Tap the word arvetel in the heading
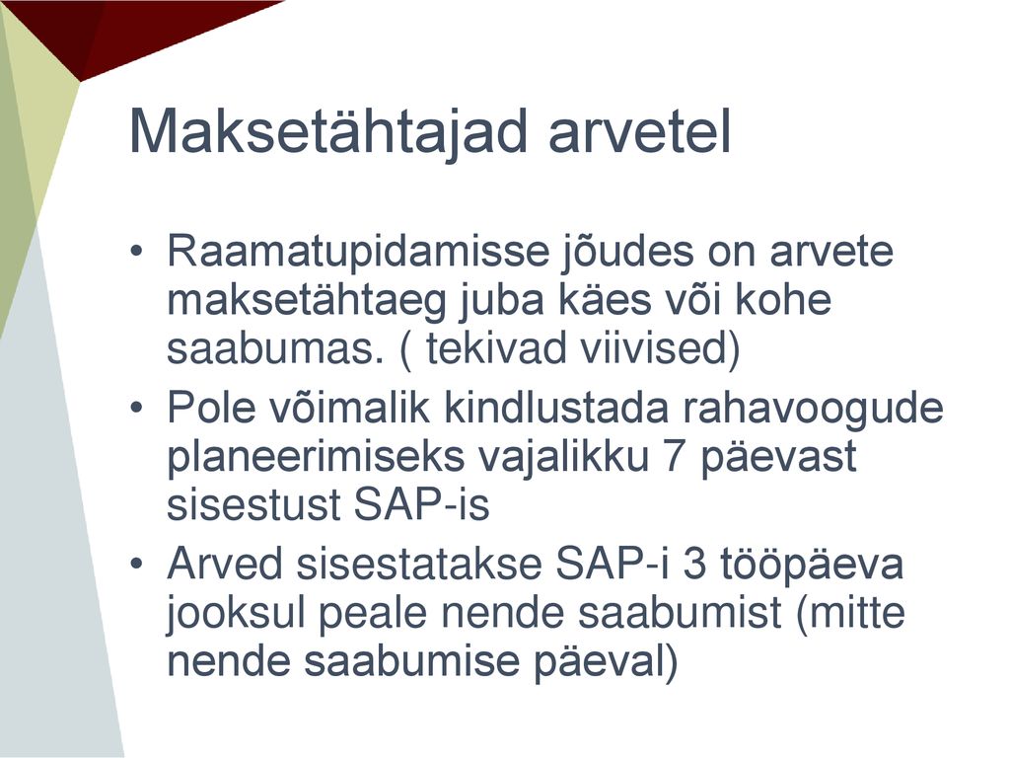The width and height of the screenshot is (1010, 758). point(639,131)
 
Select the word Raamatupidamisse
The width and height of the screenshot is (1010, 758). point(357,252)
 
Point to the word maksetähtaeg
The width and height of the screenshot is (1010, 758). point(306,302)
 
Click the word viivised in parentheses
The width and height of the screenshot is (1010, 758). point(659,348)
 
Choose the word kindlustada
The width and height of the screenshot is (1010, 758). point(556,408)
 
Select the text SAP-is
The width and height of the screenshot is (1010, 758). point(421,503)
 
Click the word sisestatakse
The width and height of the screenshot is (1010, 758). point(418,564)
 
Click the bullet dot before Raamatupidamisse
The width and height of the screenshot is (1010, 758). point(135,250)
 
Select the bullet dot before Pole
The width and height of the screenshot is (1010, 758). point(135,408)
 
